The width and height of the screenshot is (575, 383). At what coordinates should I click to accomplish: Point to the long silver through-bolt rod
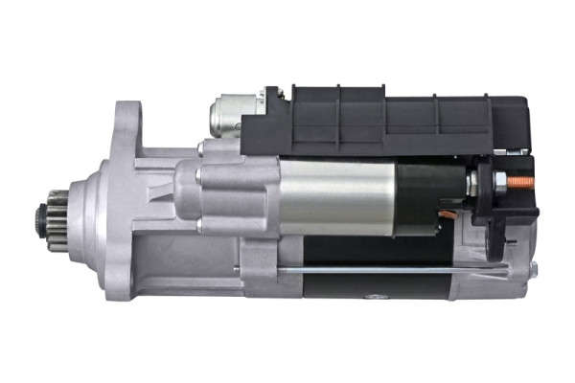coord(383,270)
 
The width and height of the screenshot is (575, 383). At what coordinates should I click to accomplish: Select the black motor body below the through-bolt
coord(383,286)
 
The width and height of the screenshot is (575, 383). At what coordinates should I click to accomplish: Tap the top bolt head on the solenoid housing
coord(202,148)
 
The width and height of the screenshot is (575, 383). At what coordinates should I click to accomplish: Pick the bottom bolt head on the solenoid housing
coord(201,225)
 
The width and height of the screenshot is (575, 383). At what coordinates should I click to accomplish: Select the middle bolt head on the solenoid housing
coord(197,178)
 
